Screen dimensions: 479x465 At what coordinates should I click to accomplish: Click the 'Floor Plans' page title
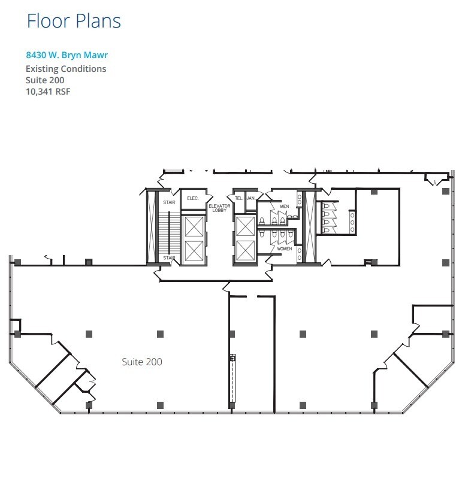(74, 21)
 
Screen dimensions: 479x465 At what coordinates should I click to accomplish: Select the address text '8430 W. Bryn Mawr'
(67, 56)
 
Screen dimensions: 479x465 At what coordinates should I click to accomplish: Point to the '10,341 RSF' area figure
(48, 92)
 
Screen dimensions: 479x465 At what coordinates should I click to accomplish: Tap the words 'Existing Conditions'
(66, 69)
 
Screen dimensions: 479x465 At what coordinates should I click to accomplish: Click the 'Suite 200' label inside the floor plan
(142, 362)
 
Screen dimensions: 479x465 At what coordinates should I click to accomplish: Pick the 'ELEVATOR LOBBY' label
(219, 209)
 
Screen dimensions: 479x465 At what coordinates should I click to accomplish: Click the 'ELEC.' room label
(193, 198)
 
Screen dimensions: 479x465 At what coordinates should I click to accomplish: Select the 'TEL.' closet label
(238, 198)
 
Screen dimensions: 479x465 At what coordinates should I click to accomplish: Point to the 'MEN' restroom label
(284, 207)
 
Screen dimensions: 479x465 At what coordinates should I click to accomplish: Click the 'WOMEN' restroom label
(284, 248)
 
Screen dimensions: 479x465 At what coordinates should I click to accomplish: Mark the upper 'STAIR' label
(169, 202)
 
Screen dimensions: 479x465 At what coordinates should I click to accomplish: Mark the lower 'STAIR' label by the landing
(169, 258)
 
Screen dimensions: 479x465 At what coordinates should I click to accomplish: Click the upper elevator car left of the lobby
(194, 227)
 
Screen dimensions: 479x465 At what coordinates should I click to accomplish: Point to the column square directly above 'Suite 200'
(160, 334)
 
